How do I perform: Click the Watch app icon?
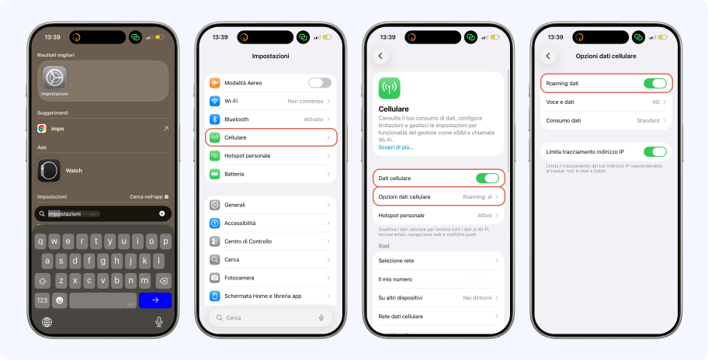pos(48,170)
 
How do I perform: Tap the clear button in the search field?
pos(162,213)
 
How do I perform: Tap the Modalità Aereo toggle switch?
pos(319,83)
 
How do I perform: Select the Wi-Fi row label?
pos(231,101)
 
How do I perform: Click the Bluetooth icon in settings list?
pos(215,119)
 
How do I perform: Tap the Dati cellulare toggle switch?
pos(487,178)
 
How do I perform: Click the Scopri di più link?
pos(396,147)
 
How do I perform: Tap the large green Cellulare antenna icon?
pos(389,88)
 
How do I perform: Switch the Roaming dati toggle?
pos(654,83)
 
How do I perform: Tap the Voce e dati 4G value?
pos(656,102)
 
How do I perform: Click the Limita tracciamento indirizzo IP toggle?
pos(654,151)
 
